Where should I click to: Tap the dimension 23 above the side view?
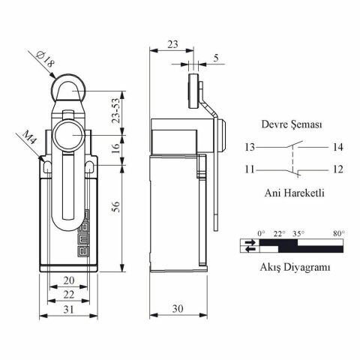click(172, 44)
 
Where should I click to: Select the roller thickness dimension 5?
click(217, 57)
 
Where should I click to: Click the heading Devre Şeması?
click(292, 125)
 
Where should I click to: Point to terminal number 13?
click(250, 147)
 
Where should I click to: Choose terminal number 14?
click(337, 147)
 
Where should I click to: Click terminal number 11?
click(250, 169)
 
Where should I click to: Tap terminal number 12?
click(337, 169)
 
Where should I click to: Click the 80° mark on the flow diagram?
click(338, 234)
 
